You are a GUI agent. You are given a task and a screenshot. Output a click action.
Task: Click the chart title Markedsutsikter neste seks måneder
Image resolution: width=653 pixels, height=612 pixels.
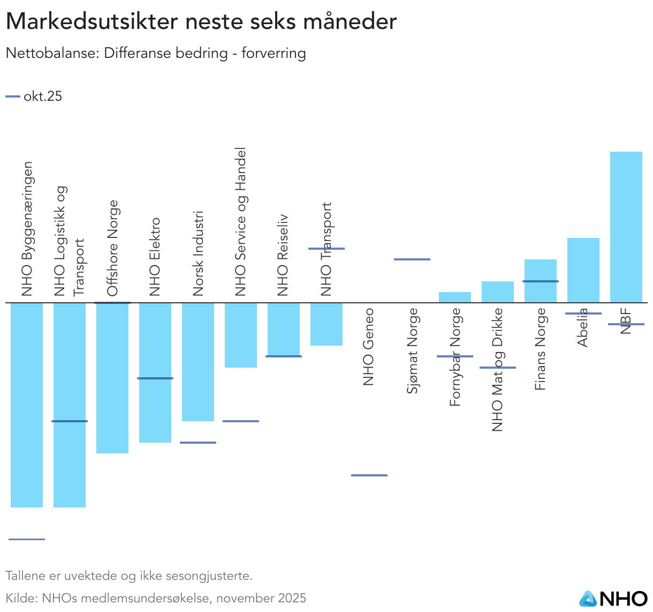click(x=201, y=22)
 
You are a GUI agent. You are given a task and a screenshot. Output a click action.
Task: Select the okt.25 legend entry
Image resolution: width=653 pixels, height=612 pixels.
click(x=34, y=96)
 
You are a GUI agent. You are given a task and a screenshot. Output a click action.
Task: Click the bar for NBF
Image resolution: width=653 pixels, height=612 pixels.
click(x=626, y=227)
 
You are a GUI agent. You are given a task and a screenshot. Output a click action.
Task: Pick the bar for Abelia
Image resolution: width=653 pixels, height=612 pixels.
click(x=583, y=270)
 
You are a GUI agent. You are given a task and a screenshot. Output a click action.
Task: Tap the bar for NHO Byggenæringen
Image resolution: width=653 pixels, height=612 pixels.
click(x=27, y=405)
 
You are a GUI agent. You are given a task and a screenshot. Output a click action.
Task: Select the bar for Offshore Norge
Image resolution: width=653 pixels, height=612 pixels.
click(x=112, y=378)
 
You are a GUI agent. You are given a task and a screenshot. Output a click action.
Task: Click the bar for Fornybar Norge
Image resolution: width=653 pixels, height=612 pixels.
click(x=454, y=297)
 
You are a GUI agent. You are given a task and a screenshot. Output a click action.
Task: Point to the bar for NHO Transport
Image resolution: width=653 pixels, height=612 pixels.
click(x=326, y=324)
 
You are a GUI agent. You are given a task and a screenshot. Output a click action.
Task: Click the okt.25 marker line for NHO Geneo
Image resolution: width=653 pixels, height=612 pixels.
click(x=369, y=475)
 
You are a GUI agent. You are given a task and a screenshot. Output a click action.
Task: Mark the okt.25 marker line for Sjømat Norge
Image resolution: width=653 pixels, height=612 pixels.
click(x=412, y=259)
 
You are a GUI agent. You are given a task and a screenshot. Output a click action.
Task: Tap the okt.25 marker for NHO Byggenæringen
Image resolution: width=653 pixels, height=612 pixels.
click(x=27, y=539)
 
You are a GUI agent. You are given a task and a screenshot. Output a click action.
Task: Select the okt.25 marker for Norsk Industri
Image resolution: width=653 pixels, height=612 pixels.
click(x=198, y=443)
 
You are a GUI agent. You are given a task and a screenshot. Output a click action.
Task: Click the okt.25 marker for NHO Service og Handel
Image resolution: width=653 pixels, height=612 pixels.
click(x=241, y=421)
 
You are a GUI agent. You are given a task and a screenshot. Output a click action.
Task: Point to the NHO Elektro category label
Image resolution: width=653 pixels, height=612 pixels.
click(x=155, y=257)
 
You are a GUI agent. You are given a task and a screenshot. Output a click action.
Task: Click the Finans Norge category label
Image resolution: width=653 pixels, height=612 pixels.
click(x=540, y=349)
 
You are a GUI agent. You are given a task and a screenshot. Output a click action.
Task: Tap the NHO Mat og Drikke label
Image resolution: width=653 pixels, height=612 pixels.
click(x=497, y=370)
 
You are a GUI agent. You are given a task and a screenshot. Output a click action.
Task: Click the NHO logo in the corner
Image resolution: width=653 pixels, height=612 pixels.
click(x=613, y=599)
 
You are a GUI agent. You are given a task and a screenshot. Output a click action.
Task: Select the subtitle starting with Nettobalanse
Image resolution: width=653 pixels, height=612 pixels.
click(x=156, y=54)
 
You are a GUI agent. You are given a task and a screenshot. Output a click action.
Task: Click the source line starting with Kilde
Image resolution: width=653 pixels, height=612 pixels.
click(x=156, y=598)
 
